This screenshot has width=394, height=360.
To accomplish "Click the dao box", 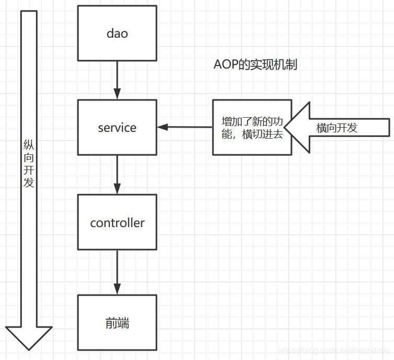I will (117, 33).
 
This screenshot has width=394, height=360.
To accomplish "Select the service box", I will (117, 127).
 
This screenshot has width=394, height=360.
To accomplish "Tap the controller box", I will (117, 222).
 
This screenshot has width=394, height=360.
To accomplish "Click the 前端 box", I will (117, 322).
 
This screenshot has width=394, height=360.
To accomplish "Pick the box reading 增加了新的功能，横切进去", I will (252, 127).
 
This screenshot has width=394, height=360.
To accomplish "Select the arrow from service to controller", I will (117, 175).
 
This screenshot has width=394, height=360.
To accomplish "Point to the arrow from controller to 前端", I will (117, 272).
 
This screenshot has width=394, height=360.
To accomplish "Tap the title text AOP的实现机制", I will (256, 64).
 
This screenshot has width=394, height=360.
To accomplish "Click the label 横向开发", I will (337, 128).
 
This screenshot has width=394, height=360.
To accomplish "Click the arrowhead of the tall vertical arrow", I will (29, 337).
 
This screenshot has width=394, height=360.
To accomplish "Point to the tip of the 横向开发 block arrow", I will (286, 128).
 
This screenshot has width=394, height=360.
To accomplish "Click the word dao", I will (117, 33).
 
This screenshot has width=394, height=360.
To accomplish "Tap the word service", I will (117, 128).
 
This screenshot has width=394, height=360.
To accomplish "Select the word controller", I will (117, 223).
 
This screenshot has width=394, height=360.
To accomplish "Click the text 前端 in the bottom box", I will (117, 323).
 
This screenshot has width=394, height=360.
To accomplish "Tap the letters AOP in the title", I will (226, 64).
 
